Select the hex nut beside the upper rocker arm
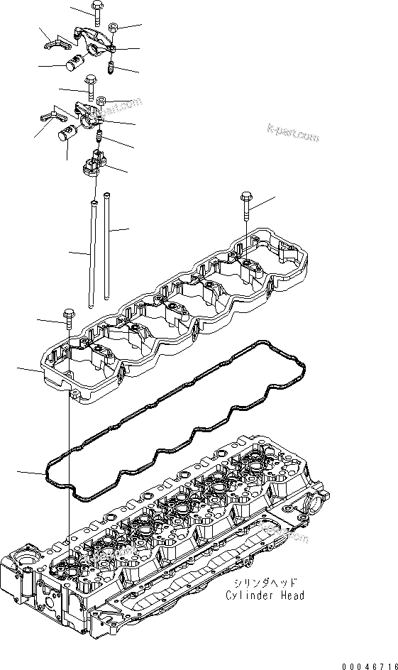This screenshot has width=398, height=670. click(x=114, y=28)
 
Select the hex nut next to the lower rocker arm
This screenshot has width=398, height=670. click(x=102, y=99)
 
